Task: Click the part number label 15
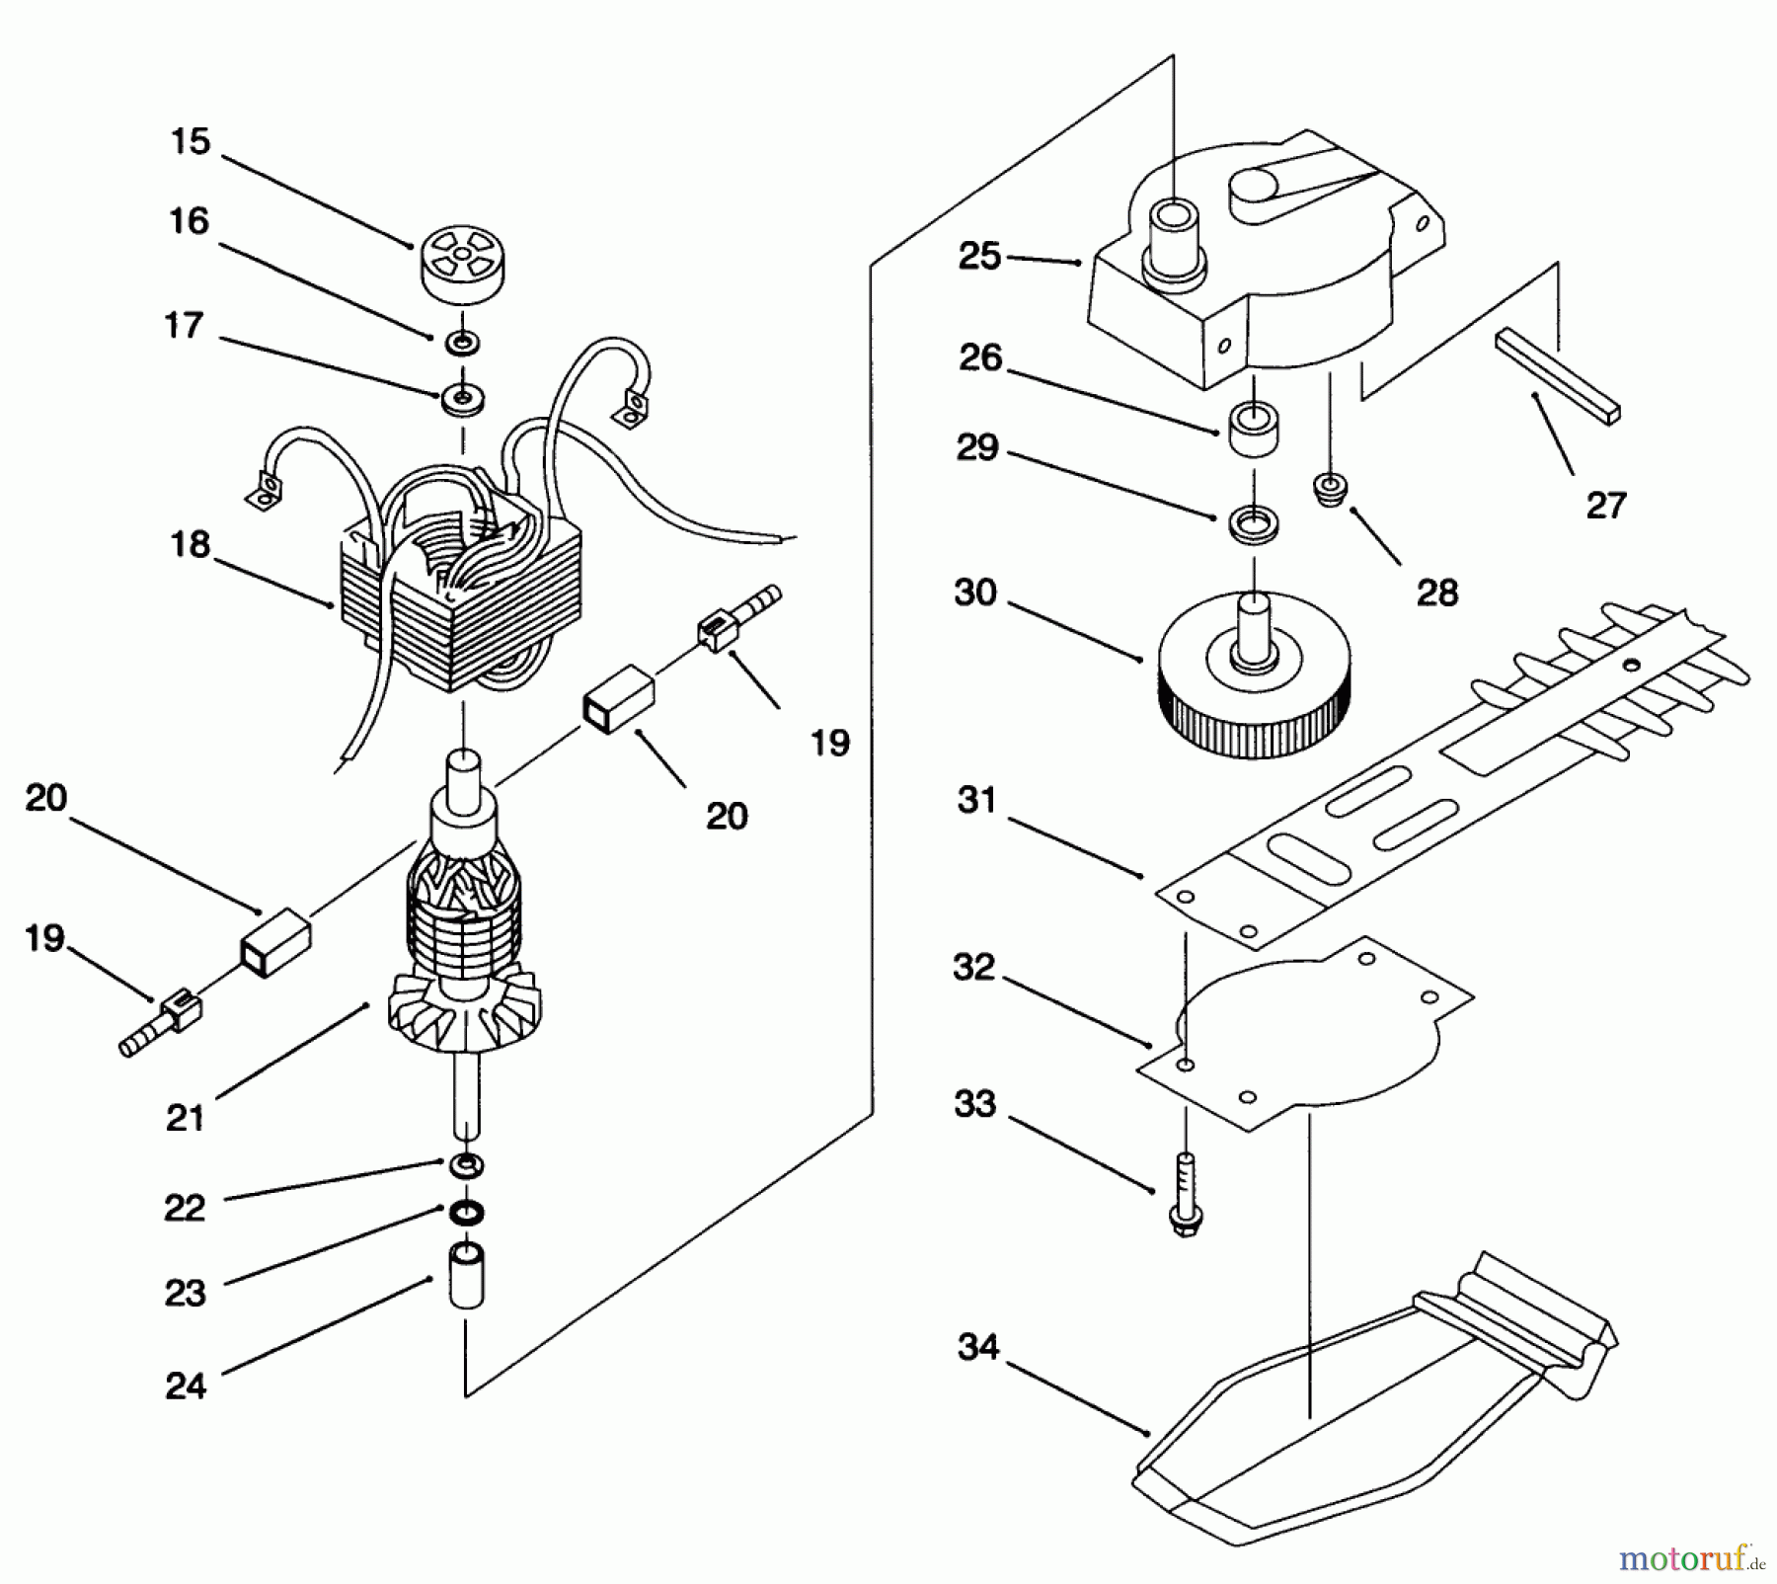[191, 142]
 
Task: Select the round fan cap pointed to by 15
[462, 261]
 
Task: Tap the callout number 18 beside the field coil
[190, 544]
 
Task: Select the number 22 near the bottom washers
[185, 1208]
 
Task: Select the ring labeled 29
[1254, 522]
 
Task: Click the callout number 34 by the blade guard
[978, 1347]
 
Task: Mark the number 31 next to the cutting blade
[977, 800]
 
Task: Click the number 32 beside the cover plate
[974, 968]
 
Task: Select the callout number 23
[185, 1293]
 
